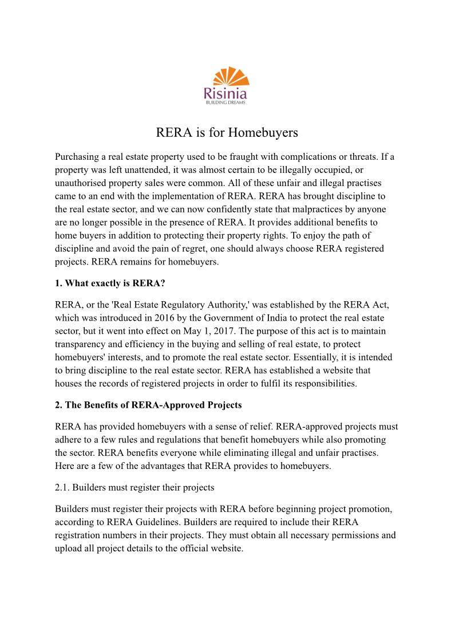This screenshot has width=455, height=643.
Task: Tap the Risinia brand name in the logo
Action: pyautogui.click(x=227, y=92)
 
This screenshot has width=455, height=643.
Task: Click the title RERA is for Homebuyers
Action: pyautogui.click(x=227, y=133)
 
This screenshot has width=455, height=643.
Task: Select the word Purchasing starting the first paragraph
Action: pyautogui.click(x=77, y=157)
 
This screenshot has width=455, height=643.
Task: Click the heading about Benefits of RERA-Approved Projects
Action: pyautogui.click(x=148, y=405)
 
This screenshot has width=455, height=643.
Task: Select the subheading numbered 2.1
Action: pyautogui.click(x=134, y=487)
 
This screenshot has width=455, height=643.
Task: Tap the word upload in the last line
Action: pyautogui.click(x=69, y=549)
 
